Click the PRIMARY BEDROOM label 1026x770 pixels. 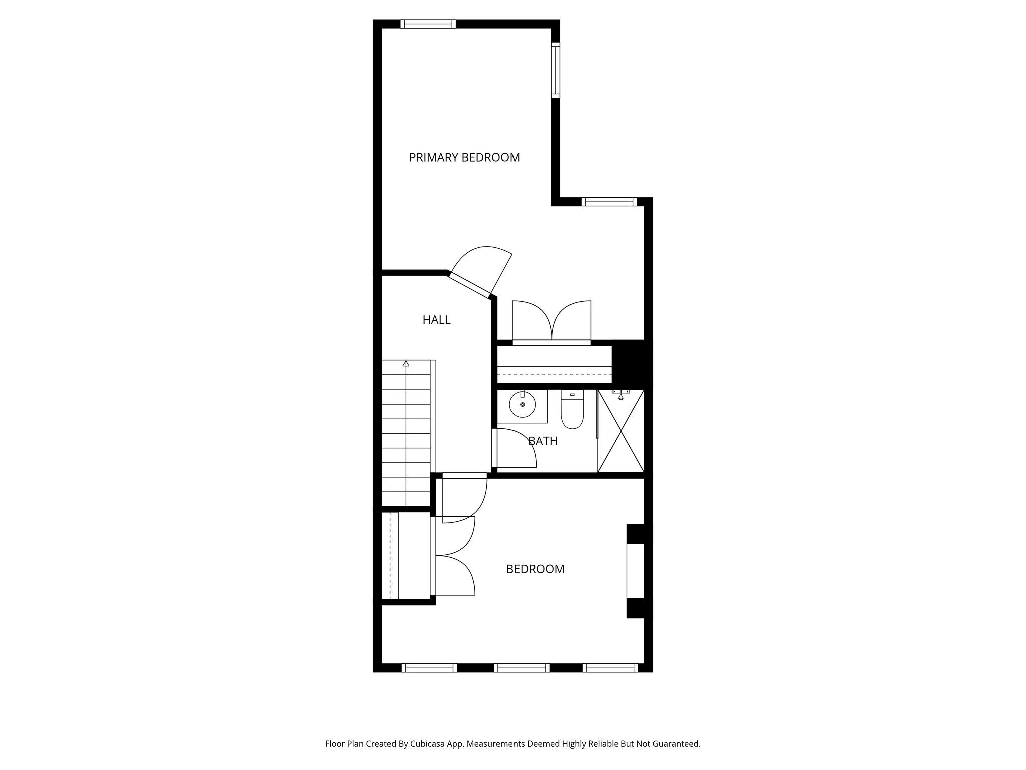click(464, 157)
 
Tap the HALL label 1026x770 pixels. click(436, 320)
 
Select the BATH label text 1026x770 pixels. click(543, 441)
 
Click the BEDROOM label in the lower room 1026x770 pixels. click(535, 569)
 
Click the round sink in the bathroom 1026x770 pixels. click(522, 405)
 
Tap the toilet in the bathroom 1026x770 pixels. click(572, 411)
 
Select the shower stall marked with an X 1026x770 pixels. click(621, 431)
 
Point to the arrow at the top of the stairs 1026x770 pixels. click(406, 364)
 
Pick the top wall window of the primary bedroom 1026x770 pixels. click(428, 24)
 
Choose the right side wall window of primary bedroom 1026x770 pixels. click(555, 70)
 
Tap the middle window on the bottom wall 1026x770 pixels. click(522, 668)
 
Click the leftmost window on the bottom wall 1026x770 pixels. click(429, 668)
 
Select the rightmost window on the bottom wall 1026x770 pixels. click(610, 668)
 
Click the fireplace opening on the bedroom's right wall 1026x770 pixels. click(635, 571)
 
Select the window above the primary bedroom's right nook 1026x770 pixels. click(609, 202)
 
